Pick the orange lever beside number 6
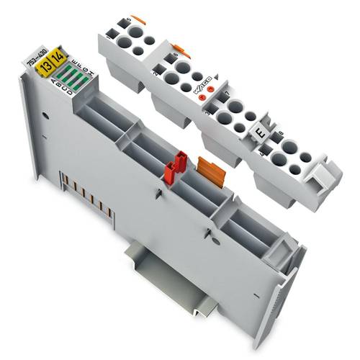tap(184, 51)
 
